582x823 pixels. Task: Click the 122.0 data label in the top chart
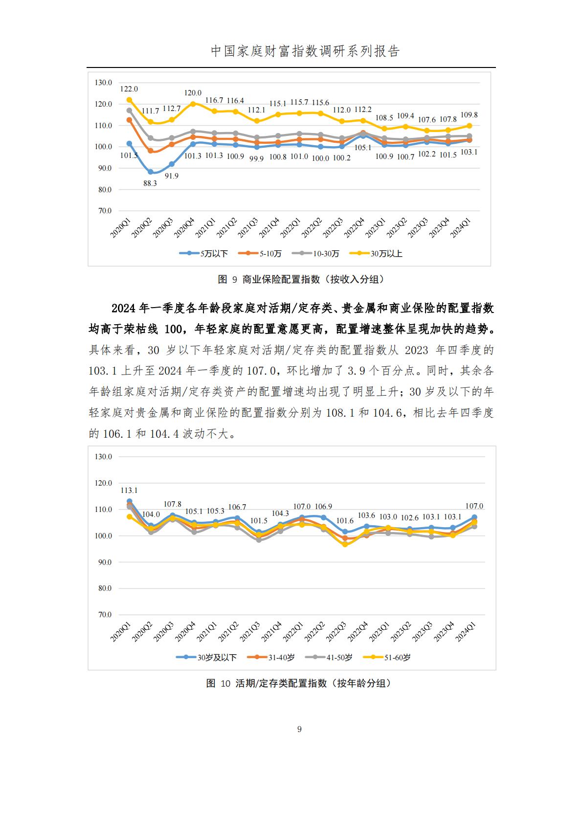(x=129, y=89)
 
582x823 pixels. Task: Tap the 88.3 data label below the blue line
(x=150, y=183)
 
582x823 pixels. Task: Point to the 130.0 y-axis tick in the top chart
(x=103, y=83)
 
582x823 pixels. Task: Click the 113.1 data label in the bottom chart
(x=129, y=490)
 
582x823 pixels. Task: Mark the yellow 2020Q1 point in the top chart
(x=129, y=100)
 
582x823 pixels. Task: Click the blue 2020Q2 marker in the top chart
(x=150, y=172)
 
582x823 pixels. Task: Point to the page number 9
(x=299, y=729)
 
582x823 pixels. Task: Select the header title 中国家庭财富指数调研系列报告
(x=305, y=51)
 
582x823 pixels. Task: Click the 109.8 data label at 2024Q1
(x=469, y=115)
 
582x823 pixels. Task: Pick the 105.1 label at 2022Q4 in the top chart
(x=362, y=148)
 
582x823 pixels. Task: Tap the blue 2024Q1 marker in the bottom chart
(x=474, y=517)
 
